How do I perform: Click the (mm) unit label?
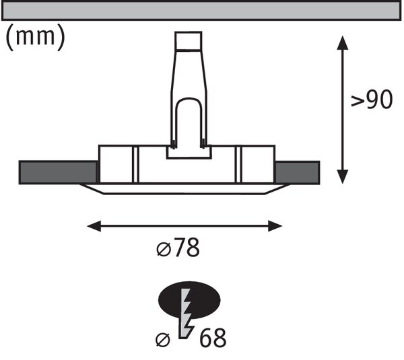coord(35,37)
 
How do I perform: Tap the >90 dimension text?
coord(372,100)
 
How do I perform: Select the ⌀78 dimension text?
coord(178,248)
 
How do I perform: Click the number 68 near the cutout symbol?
coord(213,338)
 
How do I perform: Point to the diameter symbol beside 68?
coord(163,340)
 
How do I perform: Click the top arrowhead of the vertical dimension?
coord(343,42)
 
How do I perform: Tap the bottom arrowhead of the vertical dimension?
coord(343,177)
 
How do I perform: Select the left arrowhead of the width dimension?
coord(94,226)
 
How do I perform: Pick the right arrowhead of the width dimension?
coord(275,226)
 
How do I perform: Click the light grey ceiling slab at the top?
coord(201,11)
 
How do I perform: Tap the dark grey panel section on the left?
coord(58,172)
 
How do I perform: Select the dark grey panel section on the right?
coord(298,172)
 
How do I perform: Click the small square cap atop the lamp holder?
coord(189,40)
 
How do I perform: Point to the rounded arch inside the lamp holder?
coord(189,98)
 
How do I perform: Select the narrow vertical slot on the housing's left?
coord(135,165)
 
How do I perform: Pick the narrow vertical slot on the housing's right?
coord(238,165)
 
